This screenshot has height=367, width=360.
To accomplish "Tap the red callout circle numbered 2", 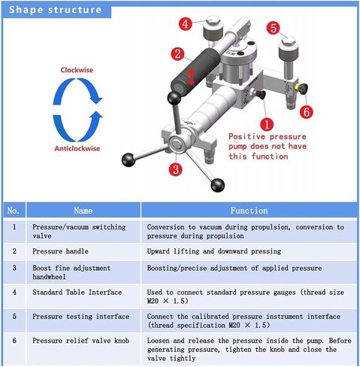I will coord(177,54).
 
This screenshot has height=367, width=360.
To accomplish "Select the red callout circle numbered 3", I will coord(174,169).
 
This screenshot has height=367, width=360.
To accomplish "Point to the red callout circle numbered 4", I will coord(185,24).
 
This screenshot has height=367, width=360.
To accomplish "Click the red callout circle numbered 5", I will coord(274,28).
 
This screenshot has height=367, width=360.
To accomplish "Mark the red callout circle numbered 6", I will coord(305,111).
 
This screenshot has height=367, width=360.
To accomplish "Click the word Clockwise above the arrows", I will coord(77,69).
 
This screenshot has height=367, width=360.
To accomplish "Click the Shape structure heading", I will coord(54,10).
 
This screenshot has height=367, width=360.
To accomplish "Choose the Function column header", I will coord(249,211).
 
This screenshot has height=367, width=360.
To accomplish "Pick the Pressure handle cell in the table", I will coord(65,250).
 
